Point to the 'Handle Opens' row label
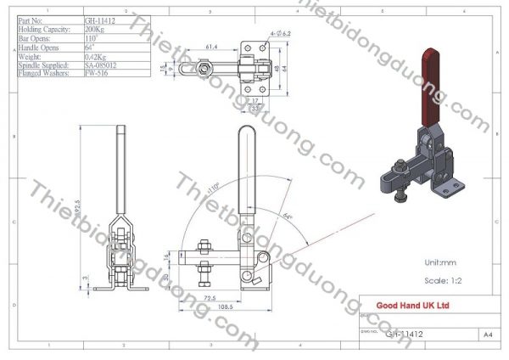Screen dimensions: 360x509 (38, 47)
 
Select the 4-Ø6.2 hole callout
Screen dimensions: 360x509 (281, 31)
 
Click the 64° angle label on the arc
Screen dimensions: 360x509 (289, 217)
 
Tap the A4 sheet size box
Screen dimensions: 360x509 (489, 335)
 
